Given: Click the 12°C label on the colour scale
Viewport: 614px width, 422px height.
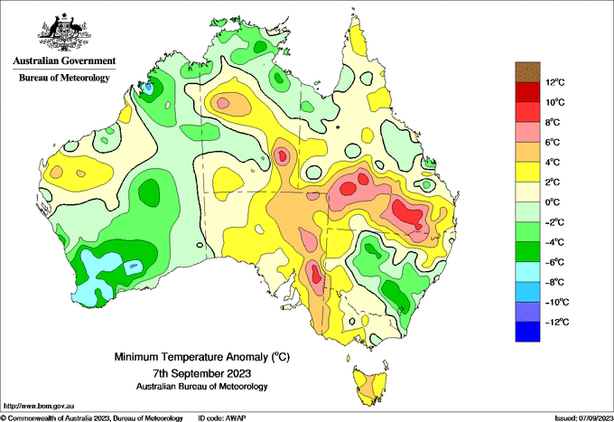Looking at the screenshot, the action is tap(555, 82).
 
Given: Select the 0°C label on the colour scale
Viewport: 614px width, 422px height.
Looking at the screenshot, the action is tap(553, 202).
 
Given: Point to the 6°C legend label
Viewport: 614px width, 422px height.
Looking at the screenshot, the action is tap(553, 142).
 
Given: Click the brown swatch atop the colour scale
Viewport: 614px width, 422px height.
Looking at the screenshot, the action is tap(527, 72).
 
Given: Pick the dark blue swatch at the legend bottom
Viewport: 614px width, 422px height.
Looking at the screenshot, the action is tap(527, 332).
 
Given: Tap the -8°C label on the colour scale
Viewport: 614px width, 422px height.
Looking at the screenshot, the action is tap(555, 282).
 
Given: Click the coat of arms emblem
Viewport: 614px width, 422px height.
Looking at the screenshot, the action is tap(64, 33).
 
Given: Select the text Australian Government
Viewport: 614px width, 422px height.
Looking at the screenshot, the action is tap(64, 61).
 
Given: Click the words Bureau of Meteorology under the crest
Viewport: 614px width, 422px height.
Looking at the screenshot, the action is tap(64, 78).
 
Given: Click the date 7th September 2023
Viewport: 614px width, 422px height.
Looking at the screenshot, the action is tap(201, 372).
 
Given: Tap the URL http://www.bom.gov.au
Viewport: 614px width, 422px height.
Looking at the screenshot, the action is tap(39, 407).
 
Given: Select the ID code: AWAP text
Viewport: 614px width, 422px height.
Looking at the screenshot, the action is tap(222, 418).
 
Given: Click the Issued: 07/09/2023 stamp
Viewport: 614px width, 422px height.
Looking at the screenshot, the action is tap(583, 418).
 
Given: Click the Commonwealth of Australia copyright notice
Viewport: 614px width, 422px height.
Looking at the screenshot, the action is tap(92, 418).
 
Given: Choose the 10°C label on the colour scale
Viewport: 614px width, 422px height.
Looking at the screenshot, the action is tap(555, 102).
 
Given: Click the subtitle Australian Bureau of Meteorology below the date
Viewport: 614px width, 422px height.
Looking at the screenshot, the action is tap(201, 387).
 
